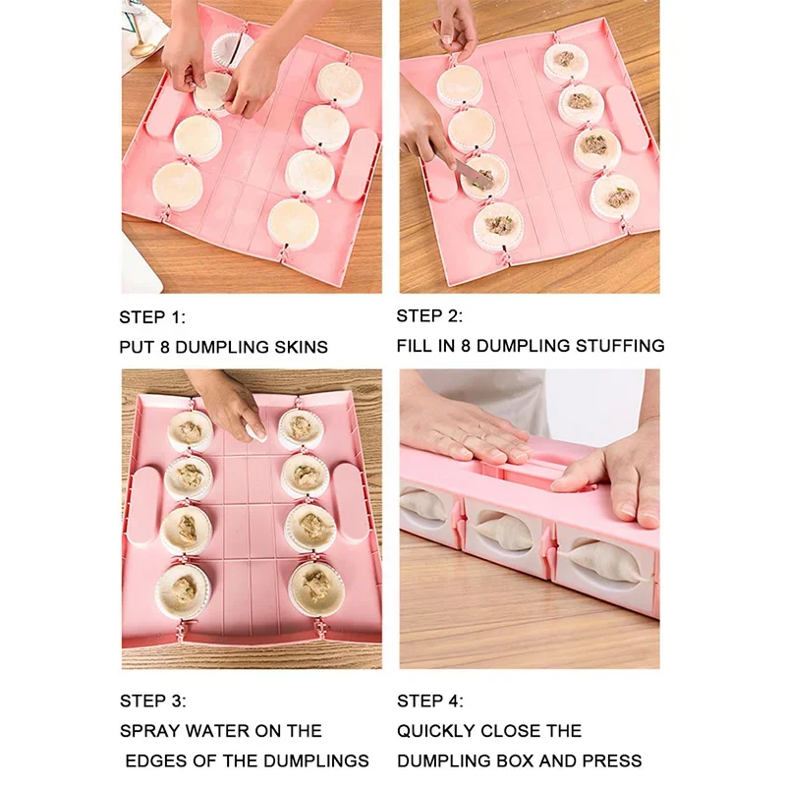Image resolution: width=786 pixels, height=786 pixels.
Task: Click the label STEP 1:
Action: (152, 317)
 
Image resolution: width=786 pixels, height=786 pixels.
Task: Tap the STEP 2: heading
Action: (429, 316)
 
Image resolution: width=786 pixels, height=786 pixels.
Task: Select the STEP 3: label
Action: (152, 702)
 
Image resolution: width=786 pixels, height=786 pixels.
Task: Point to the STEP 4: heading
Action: (430, 702)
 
